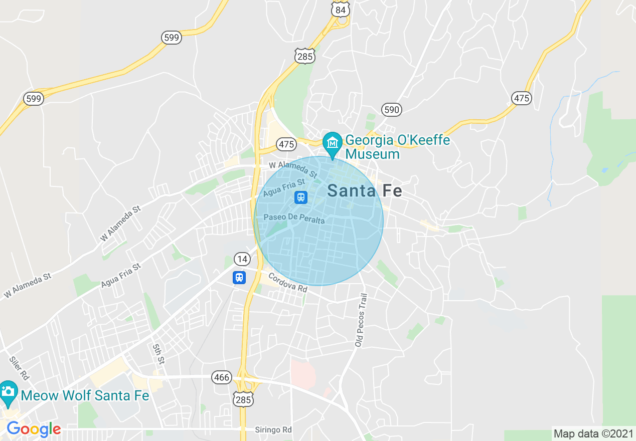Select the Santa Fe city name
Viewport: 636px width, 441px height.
click(x=364, y=190)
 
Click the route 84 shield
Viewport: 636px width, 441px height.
click(x=341, y=10)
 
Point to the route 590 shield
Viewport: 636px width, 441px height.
click(x=391, y=110)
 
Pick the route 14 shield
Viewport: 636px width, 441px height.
click(x=242, y=259)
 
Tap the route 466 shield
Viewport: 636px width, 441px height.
click(x=222, y=377)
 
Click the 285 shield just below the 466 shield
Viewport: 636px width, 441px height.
click(x=243, y=398)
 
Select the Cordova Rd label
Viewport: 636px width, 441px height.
click(x=287, y=283)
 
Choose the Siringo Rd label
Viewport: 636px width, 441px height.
click(x=273, y=430)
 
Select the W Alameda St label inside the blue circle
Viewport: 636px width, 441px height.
click(x=293, y=169)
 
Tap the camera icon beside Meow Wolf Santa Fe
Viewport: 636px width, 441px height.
click(x=8, y=391)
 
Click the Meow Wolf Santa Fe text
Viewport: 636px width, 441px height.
click(x=85, y=395)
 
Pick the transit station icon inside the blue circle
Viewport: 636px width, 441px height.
click(x=300, y=197)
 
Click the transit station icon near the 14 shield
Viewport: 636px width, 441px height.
click(x=239, y=277)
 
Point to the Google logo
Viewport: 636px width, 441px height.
click(x=34, y=429)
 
